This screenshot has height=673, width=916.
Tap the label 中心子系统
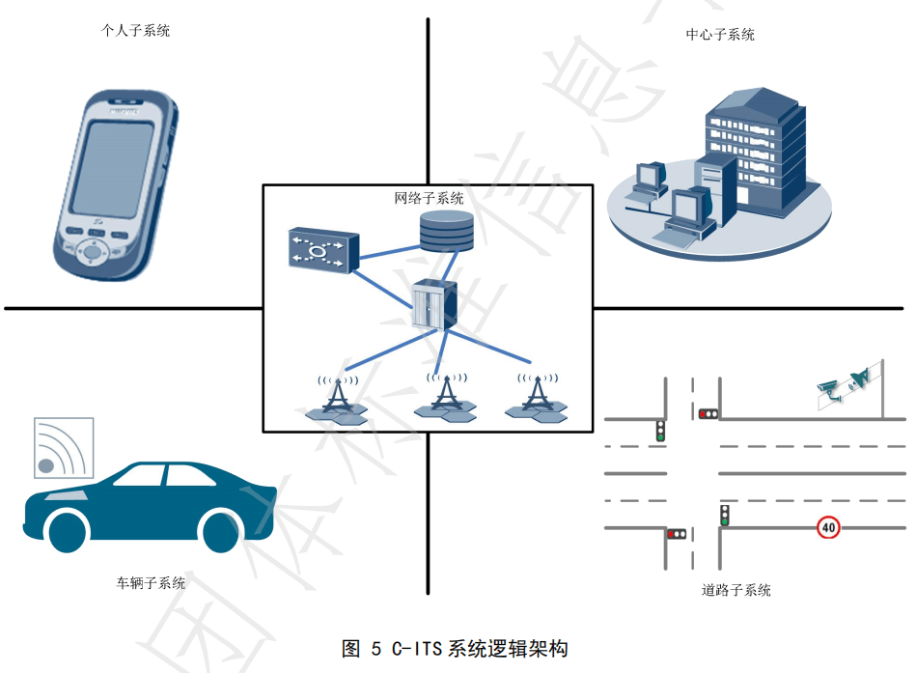[720, 36]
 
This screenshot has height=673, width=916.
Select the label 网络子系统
[429, 199]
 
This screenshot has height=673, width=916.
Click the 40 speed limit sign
[828, 527]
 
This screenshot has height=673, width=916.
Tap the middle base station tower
[445, 397]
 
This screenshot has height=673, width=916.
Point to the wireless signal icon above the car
[64, 448]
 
